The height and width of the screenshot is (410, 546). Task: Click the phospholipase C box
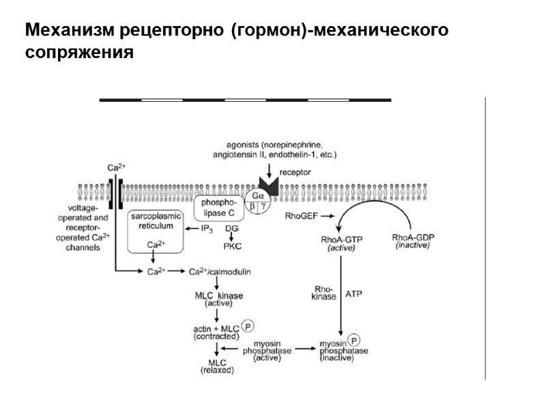point(219,208)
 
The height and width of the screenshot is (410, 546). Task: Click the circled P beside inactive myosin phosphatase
point(354,339)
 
